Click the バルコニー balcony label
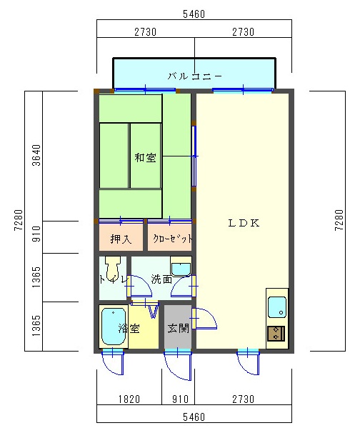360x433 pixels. click(194, 76)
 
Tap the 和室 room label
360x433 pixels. click(145, 158)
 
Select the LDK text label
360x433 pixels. click(244, 223)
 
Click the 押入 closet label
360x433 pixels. click(121, 239)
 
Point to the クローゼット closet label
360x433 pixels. click(173, 239)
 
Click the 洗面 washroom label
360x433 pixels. click(161, 279)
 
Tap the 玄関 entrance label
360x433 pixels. click(179, 329)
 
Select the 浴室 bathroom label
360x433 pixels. click(129, 329)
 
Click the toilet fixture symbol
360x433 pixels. click(113, 268)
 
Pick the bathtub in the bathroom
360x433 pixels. click(114, 326)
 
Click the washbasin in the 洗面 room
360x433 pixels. click(181, 267)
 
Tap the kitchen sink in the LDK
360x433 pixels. click(277, 307)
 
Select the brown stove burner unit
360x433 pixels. click(276, 333)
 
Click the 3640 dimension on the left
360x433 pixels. click(36, 155)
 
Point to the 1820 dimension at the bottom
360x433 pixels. click(129, 399)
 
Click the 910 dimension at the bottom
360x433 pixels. click(180, 399)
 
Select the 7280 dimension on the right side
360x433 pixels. click(339, 220)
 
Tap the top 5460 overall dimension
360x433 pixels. click(194, 14)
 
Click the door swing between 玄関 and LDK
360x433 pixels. click(204, 319)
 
